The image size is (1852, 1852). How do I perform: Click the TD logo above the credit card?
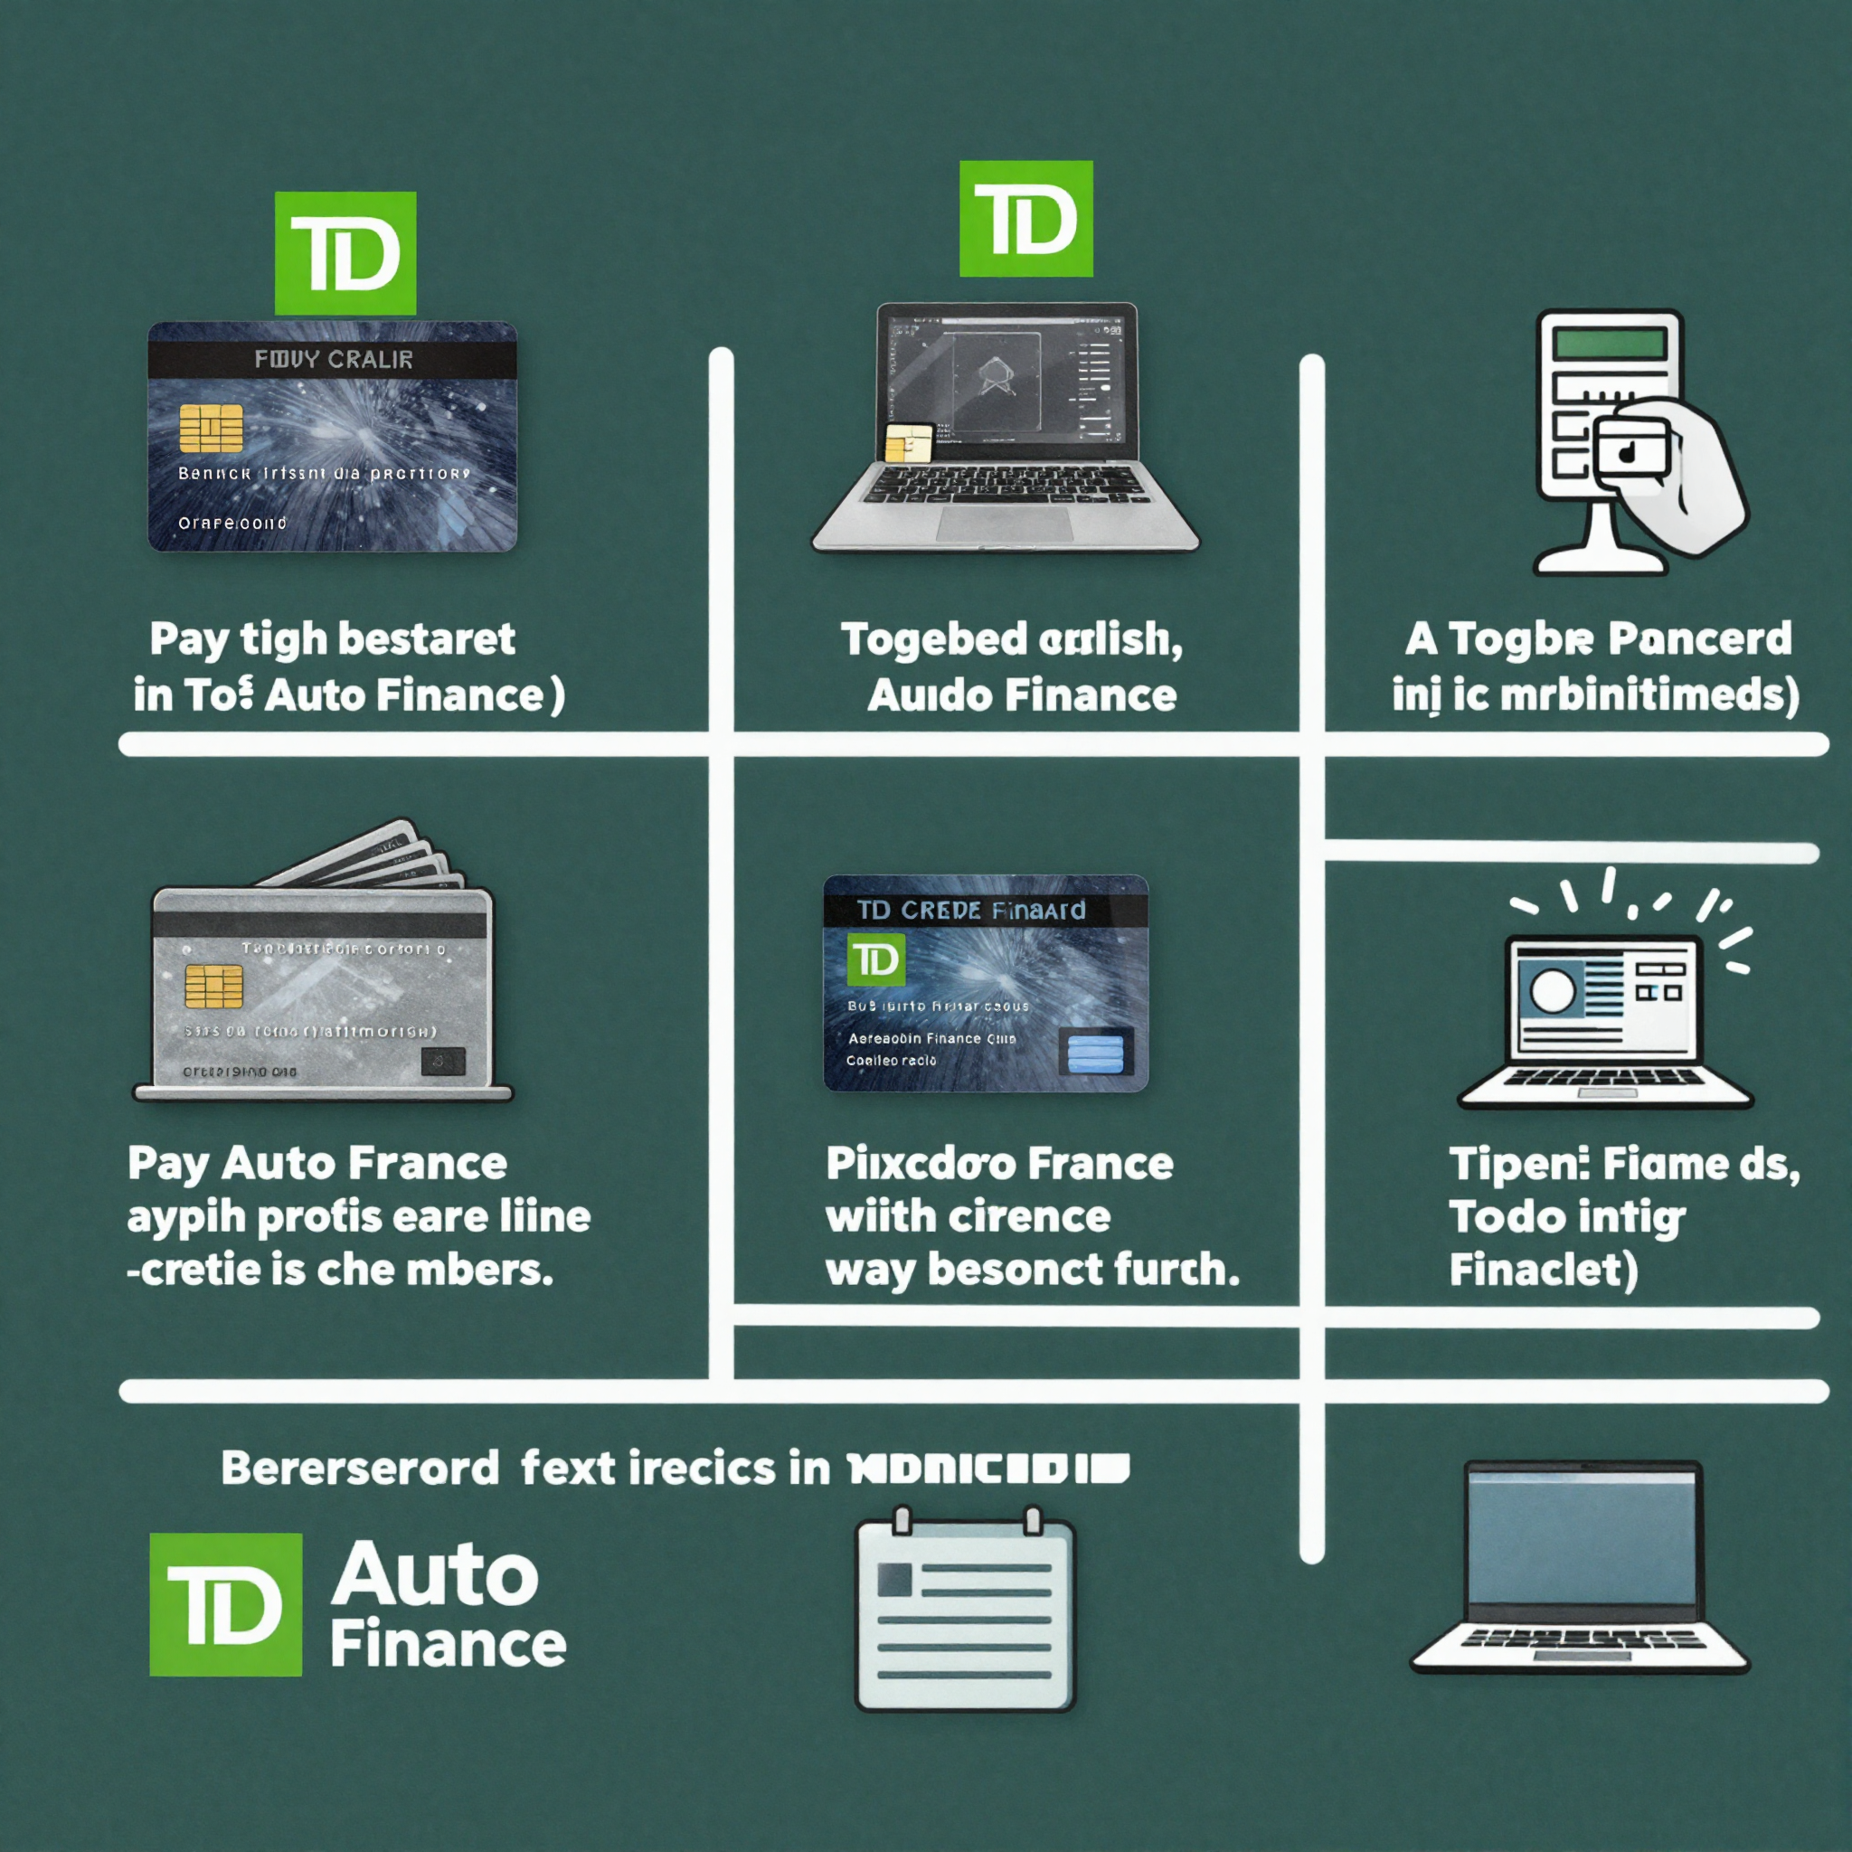[345, 253]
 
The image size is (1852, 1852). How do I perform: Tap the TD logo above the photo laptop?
[1025, 219]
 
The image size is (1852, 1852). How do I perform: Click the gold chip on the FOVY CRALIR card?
[211, 428]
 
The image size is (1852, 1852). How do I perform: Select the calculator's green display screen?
[1611, 343]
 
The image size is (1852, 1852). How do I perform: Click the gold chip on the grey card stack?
[213, 986]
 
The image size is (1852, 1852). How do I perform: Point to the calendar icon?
[964, 1611]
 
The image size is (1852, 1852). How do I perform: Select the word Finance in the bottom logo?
[448, 1645]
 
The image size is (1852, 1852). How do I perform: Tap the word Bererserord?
[360, 1469]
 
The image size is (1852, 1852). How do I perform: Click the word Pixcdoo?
[921, 1164]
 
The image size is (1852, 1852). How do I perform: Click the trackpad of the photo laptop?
[1006, 524]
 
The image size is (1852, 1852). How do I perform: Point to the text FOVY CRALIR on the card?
[333, 360]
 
